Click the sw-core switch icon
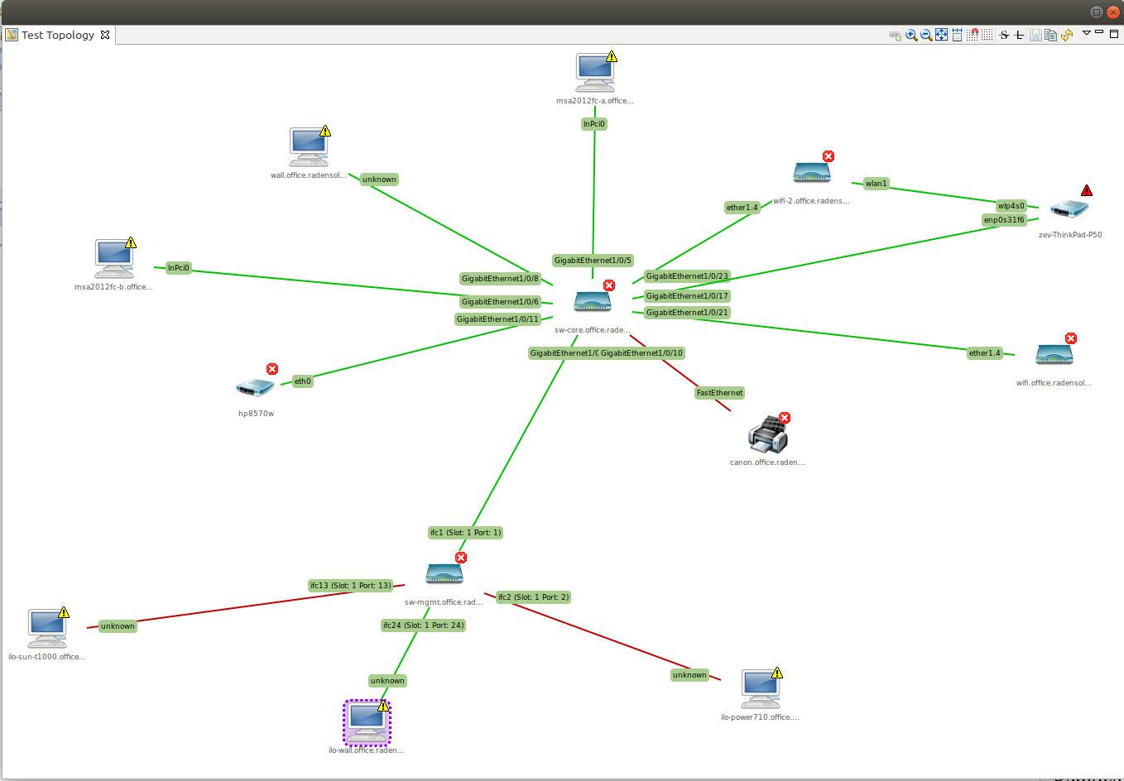click(x=593, y=303)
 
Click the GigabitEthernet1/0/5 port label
click(x=593, y=261)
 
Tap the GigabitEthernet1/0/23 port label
click(x=687, y=276)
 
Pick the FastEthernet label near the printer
click(x=719, y=393)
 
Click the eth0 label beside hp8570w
click(x=303, y=381)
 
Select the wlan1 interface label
click(x=876, y=184)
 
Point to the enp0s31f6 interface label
click(x=1004, y=220)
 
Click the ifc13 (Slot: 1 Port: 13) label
click(x=351, y=586)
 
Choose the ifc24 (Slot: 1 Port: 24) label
click(x=423, y=625)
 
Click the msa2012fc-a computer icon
click(x=595, y=73)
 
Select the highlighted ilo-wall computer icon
click(x=367, y=724)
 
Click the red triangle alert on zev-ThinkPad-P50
click(x=1087, y=190)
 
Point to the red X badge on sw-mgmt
click(x=461, y=558)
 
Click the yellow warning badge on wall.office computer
click(x=325, y=131)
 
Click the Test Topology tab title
click(x=58, y=35)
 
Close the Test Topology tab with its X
click(x=105, y=35)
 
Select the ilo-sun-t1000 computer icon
click(x=46, y=629)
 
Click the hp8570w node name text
click(x=257, y=414)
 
